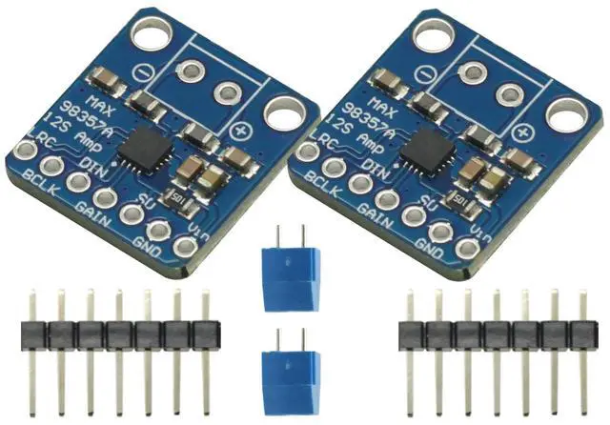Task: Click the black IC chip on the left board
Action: [149, 146]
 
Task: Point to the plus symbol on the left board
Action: [241, 131]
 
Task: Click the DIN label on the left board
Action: [99, 172]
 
